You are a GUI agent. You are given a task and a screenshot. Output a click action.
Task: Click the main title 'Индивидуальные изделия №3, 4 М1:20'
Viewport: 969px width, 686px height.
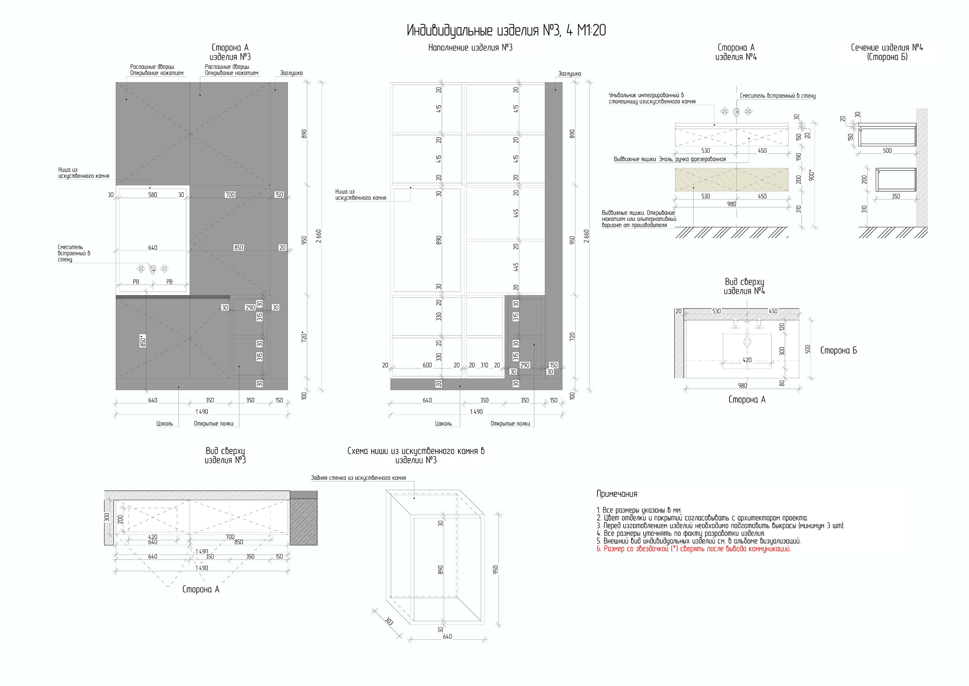point(506,31)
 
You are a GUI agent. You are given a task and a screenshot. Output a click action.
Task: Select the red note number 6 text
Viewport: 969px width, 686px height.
point(694,549)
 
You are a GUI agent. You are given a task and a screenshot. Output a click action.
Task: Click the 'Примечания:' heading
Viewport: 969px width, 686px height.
point(617,494)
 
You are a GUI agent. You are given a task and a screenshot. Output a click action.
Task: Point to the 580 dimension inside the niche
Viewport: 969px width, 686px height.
point(152,195)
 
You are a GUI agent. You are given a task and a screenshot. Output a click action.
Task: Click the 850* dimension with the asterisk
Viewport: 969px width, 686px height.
point(143,341)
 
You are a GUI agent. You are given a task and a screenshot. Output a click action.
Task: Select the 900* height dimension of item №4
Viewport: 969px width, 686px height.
point(811,175)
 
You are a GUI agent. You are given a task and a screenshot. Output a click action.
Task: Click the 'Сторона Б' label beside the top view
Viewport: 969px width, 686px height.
point(838,350)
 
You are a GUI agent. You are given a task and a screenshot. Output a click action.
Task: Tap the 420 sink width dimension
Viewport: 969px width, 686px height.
point(747,360)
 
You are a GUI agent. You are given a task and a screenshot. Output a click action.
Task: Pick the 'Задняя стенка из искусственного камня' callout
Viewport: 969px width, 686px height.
point(358,478)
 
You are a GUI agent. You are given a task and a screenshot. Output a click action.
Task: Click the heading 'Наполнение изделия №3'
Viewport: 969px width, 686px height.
point(470,48)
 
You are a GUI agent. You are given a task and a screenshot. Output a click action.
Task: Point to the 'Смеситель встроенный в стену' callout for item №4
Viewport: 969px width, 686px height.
point(778,96)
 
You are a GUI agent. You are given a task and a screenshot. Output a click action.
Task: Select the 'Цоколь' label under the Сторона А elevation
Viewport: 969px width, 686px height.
point(164,423)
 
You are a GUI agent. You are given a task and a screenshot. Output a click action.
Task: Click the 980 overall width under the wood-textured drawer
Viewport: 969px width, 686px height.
point(731,204)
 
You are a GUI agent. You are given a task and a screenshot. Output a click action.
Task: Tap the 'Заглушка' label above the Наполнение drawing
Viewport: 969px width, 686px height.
point(569,74)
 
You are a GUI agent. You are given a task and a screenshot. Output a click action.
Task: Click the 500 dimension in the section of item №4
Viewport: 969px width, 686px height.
point(887,150)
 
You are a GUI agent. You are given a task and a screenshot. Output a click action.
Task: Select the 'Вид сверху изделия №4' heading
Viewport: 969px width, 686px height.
point(744,286)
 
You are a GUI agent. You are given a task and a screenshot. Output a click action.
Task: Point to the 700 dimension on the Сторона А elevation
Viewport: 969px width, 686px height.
point(230,195)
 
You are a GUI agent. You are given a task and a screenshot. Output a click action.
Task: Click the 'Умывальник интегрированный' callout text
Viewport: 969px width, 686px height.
point(652,99)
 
